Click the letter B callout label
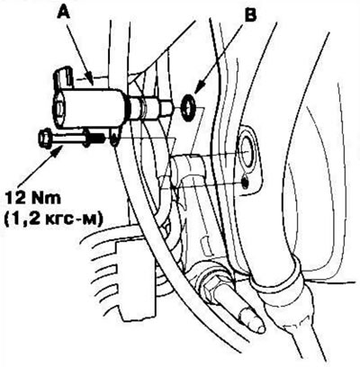point(250,15)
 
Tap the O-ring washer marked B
point(189,107)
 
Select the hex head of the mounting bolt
point(45,139)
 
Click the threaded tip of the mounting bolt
point(97,139)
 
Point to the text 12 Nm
point(33,199)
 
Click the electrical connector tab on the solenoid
point(64,78)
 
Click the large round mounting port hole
point(247,150)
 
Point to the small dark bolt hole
point(246,182)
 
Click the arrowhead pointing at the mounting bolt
point(58,151)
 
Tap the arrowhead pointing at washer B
point(200,87)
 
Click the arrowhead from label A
point(90,81)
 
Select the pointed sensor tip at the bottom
point(252,321)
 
